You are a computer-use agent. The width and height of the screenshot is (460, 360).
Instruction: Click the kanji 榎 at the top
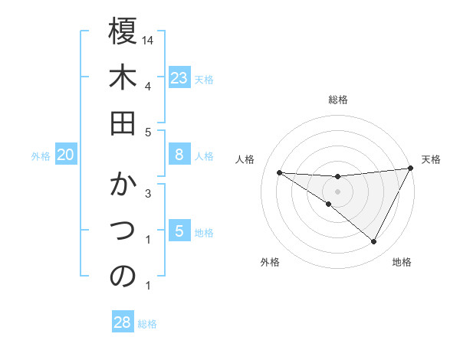coord(123,32)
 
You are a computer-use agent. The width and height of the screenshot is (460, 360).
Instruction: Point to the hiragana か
coord(123,185)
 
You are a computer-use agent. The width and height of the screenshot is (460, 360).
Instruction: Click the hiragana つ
coord(123,231)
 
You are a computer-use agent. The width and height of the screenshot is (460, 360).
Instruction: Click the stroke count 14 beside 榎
coord(149,39)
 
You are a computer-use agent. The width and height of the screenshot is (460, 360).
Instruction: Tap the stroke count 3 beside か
coord(148,193)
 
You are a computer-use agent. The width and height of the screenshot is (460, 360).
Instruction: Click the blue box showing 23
coord(179,77)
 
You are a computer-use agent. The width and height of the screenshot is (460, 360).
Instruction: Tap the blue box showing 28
coord(123,322)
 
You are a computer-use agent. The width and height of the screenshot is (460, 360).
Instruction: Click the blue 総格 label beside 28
coord(147,324)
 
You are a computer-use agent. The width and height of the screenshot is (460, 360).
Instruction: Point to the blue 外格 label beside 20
coord(41,156)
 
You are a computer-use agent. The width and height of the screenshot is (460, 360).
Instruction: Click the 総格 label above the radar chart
coord(338,100)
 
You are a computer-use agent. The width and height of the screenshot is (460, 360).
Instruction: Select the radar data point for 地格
coord(374,242)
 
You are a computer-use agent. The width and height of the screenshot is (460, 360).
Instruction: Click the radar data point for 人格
coord(279,172)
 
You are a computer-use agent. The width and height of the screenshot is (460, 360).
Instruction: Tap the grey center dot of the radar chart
coord(337,191)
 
